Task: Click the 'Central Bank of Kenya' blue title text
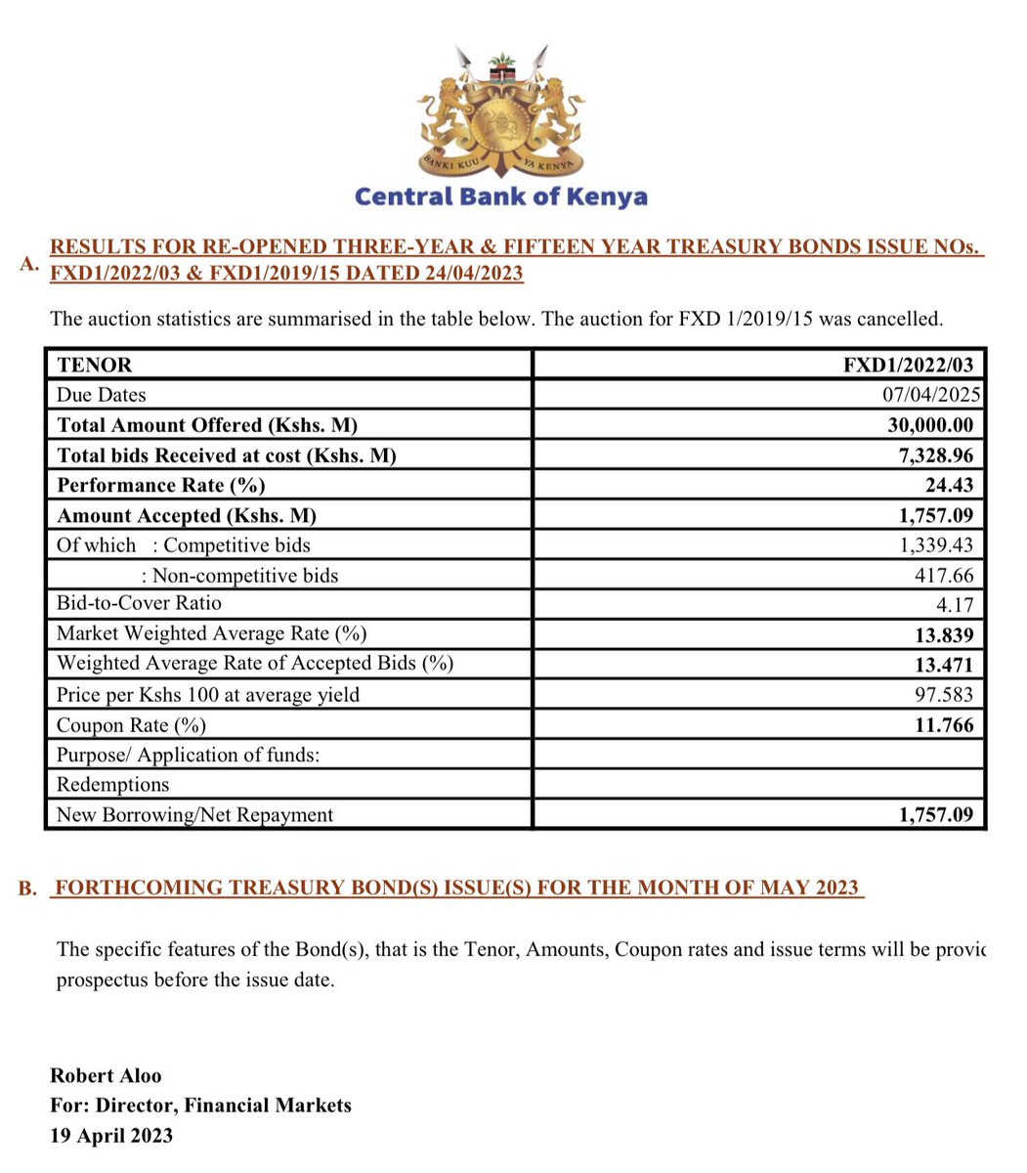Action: coord(500,196)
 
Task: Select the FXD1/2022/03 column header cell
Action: coord(908,365)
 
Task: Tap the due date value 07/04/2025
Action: coord(930,395)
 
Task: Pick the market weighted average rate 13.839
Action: coord(944,635)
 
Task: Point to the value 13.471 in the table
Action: coord(944,665)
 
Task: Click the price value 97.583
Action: coord(944,695)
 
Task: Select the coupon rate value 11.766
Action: coord(944,725)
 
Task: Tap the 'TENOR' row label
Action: coord(94,365)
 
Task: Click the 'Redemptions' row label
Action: coord(112,785)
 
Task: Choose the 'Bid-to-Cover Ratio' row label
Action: coord(139,603)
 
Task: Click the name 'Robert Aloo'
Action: coord(106,1075)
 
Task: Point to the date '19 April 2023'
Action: coord(111,1136)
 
